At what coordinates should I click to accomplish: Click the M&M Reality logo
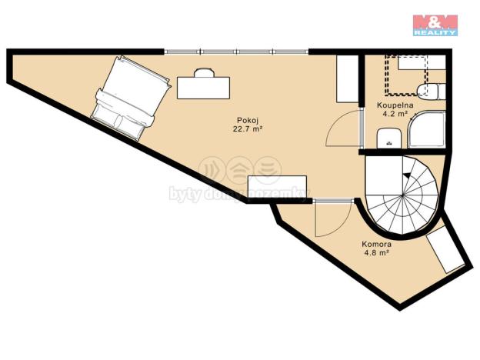pyautogui.click(x=435, y=25)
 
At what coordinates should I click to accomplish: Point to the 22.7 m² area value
pyautogui.click(x=247, y=129)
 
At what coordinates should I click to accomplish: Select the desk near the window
pyautogui.click(x=203, y=87)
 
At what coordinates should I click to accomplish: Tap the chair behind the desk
pyautogui.click(x=204, y=72)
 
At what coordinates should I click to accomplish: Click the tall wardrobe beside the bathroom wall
pyautogui.click(x=347, y=80)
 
